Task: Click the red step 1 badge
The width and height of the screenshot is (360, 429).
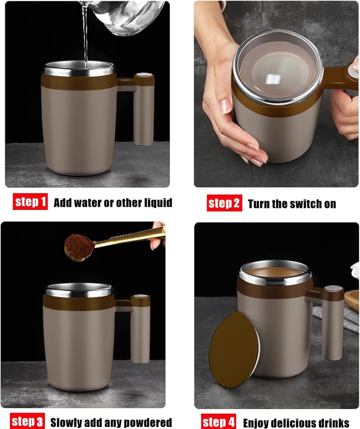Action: click(30, 202)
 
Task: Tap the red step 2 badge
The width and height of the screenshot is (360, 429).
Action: click(224, 203)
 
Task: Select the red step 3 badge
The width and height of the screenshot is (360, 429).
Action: click(27, 421)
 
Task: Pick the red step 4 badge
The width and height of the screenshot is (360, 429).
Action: click(219, 421)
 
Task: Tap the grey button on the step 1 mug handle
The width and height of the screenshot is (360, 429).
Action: click(144, 74)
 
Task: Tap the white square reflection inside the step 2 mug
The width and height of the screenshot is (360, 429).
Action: click(273, 79)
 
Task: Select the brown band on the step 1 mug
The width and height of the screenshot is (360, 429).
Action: click(79, 82)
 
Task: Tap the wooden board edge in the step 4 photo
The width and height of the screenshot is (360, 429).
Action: click(352, 300)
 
